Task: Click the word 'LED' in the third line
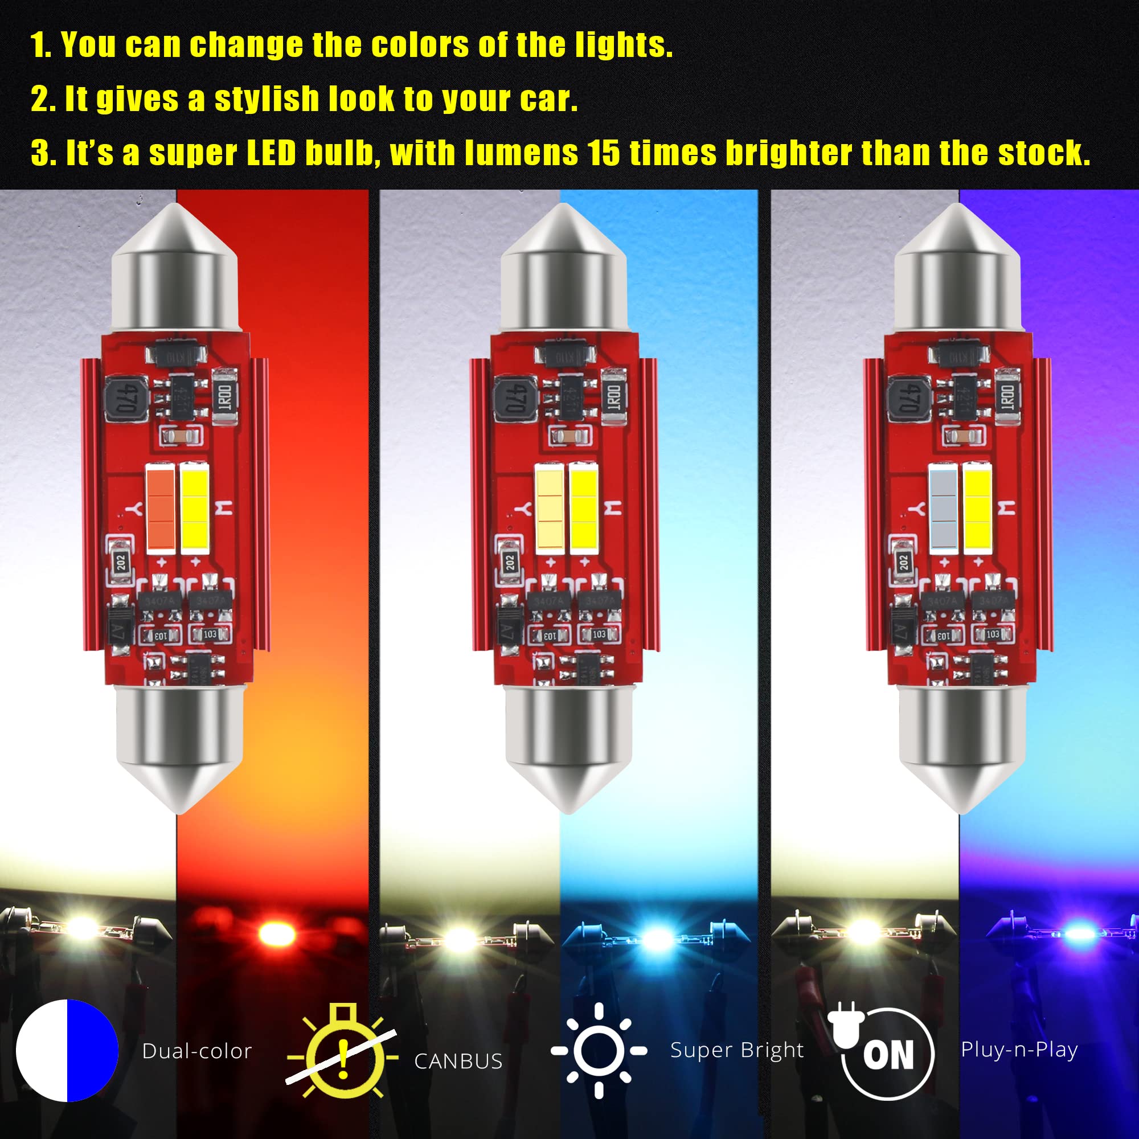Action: pyautogui.click(x=271, y=153)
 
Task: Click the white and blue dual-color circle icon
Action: pyautogui.click(x=67, y=1051)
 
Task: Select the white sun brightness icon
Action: pyautogui.click(x=599, y=1051)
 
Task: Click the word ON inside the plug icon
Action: pyautogui.click(x=888, y=1055)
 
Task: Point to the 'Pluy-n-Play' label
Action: pyautogui.click(x=1019, y=1050)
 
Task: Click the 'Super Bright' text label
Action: pyautogui.click(x=737, y=1050)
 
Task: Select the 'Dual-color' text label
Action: pyautogui.click(x=197, y=1051)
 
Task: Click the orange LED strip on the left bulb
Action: pyautogui.click(x=161, y=509)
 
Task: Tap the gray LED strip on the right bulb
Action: pyautogui.click(x=943, y=509)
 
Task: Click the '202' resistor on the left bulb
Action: pyautogui.click(x=121, y=562)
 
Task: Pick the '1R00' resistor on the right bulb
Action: pyautogui.click(x=1007, y=396)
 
